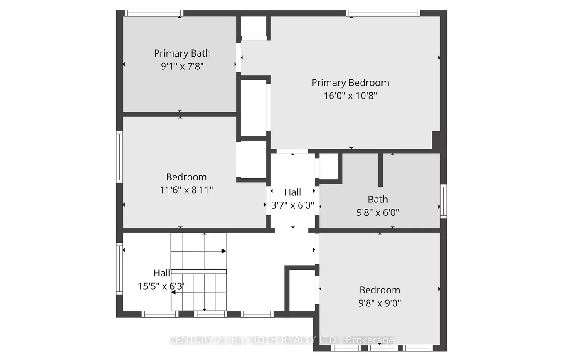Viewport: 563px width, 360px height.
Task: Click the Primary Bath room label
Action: (182, 53)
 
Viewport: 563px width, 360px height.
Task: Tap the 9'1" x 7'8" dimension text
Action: (182, 66)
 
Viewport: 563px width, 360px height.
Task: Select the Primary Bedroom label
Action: (350, 83)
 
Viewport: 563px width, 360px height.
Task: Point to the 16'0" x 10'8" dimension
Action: (350, 96)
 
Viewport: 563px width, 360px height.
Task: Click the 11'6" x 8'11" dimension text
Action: (186, 190)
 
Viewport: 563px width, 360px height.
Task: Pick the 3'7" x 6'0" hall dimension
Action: (293, 205)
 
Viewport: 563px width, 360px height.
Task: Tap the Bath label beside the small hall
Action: (378, 200)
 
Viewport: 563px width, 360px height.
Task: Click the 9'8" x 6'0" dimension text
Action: (378, 212)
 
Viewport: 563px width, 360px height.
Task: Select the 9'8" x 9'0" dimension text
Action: (380, 303)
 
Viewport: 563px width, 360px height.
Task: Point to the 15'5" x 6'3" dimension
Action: (162, 286)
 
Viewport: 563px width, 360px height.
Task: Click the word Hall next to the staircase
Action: (162, 273)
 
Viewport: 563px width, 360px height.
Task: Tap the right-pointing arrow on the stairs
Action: (223, 251)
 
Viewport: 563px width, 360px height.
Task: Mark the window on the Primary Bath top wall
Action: (154, 13)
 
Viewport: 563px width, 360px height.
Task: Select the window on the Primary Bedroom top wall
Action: (383, 13)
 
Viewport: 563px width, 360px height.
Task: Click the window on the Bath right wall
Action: (443, 202)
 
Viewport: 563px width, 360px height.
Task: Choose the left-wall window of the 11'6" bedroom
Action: (119, 157)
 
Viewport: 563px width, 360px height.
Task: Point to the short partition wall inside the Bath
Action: (380, 170)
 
